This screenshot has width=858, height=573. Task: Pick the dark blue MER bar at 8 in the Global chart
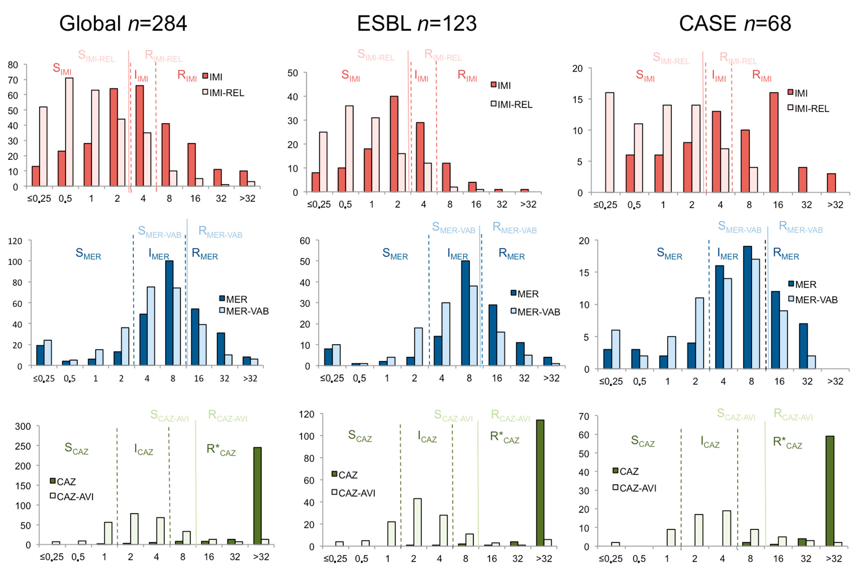[x=169, y=313]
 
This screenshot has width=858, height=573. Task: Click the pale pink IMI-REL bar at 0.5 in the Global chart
[x=69, y=132]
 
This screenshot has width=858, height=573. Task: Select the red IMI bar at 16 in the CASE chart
[x=774, y=143]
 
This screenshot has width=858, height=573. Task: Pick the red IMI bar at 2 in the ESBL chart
[x=394, y=144]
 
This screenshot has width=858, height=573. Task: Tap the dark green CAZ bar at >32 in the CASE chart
[x=830, y=491]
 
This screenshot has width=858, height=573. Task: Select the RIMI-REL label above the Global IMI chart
[x=163, y=56]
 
